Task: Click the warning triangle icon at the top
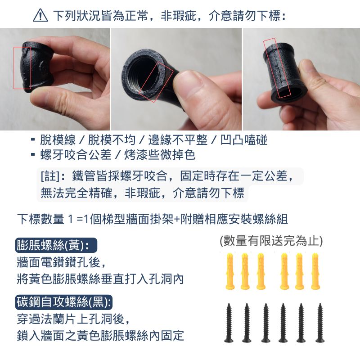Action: pyautogui.click(x=40, y=16)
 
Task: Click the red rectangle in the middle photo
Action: pyautogui.click(x=155, y=82)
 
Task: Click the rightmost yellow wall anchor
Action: pyautogui.click(x=315, y=271)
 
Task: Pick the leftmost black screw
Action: pyautogui.click(x=229, y=322)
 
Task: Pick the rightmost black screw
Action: pyautogui.click(x=320, y=322)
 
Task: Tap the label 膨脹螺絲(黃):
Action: pyautogui.click(x=56, y=245)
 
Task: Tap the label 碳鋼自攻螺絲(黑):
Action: pyautogui.click(x=63, y=301)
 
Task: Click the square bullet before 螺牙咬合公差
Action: pyautogui.click(x=33, y=155)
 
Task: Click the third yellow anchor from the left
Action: pyautogui.click(x=260, y=271)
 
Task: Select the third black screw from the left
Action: pyautogui.click(x=265, y=322)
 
